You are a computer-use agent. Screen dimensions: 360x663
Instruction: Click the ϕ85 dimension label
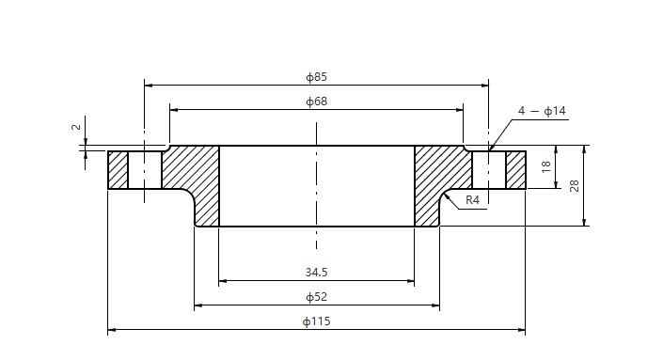(316, 76)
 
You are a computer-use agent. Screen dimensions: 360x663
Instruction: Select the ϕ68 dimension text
(316, 102)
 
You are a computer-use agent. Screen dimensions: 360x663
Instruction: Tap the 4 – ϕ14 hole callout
(542, 111)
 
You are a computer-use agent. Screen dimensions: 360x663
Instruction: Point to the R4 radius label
(473, 200)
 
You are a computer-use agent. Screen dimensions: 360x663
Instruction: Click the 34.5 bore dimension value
(316, 273)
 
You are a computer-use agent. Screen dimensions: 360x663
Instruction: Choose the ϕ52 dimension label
(316, 297)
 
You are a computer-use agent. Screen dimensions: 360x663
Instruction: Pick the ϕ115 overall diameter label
(316, 321)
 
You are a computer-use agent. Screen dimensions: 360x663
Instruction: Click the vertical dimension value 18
(545, 167)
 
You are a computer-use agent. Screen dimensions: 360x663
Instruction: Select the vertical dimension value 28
(574, 185)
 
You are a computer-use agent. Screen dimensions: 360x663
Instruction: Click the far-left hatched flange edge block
(118, 170)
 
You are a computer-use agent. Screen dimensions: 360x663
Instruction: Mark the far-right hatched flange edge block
(515, 170)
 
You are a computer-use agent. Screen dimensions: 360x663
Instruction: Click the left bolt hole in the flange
(144, 170)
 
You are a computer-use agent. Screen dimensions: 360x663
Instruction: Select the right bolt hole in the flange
(489, 170)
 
